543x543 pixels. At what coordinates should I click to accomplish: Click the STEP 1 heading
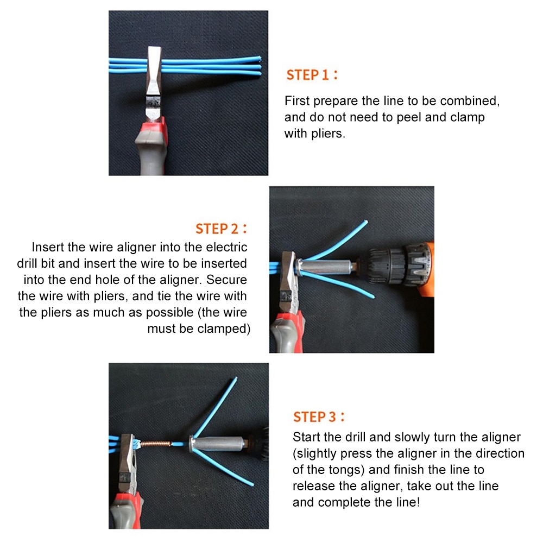[312, 75]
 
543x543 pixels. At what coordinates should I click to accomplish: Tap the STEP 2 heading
[221, 229]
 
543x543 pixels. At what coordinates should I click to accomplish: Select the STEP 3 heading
[319, 417]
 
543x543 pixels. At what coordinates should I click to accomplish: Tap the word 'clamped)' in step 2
[225, 329]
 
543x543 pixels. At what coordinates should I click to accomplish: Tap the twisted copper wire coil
[157, 444]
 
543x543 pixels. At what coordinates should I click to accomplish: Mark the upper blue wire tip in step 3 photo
[235, 379]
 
